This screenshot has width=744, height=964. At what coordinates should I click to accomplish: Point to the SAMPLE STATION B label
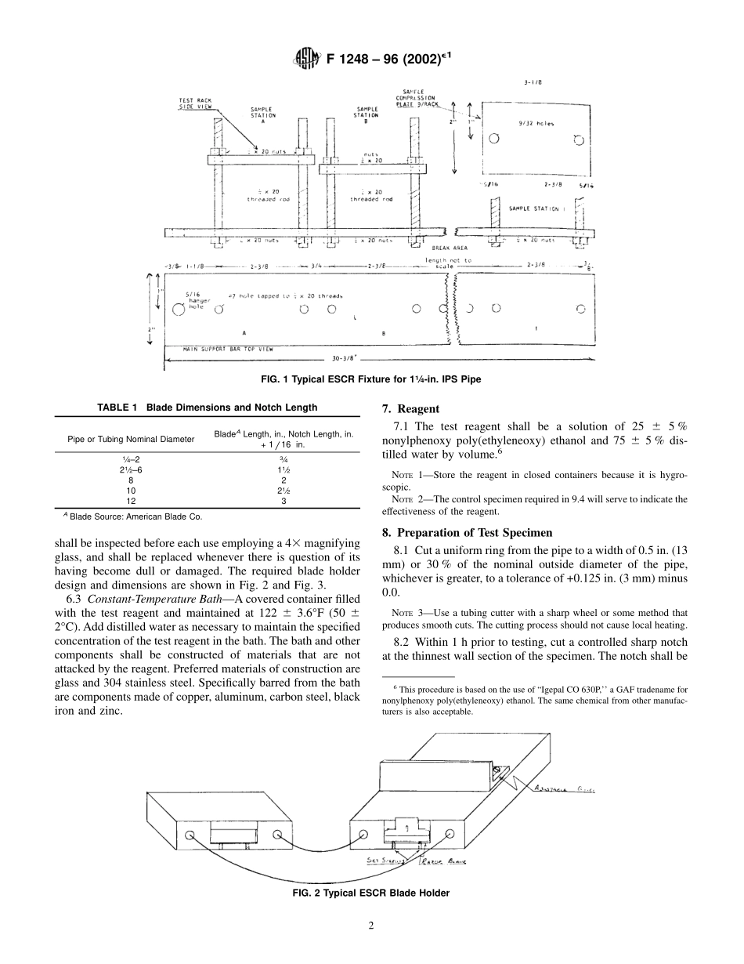(367, 112)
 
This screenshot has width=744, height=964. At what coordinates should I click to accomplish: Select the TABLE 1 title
(207, 408)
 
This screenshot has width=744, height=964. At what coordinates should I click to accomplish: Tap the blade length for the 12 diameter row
(284, 499)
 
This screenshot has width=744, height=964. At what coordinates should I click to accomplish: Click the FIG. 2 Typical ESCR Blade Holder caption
(371, 893)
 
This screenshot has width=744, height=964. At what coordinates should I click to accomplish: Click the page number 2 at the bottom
(371, 926)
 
